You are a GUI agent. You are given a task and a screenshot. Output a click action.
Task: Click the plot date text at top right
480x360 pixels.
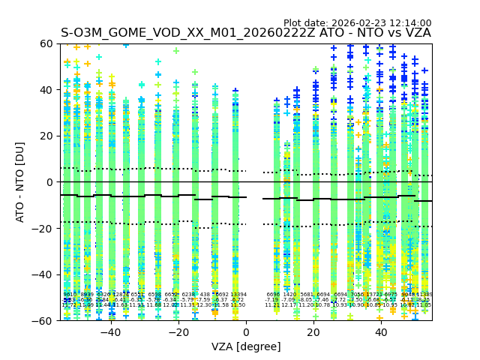click(x=357, y=23)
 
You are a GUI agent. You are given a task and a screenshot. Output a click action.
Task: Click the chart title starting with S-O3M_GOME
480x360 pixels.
click(x=246, y=34)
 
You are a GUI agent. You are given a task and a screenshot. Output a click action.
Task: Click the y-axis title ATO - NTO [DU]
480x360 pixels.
click(x=20, y=182)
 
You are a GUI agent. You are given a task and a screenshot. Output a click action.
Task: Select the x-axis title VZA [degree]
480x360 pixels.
click(x=246, y=346)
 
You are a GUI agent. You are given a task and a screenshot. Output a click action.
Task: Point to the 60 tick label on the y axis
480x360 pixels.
click(x=46, y=43)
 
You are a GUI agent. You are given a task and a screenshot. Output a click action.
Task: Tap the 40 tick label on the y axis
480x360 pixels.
click(x=46, y=90)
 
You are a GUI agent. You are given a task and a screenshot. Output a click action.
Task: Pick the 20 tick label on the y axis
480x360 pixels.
click(x=46, y=136)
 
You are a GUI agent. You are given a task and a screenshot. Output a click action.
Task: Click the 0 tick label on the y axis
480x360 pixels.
click(x=49, y=182)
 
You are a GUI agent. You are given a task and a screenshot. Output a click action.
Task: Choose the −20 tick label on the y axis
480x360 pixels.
click(x=43, y=228)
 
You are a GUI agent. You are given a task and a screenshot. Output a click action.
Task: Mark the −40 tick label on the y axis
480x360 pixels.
click(x=43, y=274)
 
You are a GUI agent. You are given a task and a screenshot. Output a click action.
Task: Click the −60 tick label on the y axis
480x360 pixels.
click(x=43, y=320)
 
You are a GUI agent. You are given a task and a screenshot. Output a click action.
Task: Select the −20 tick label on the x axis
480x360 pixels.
click(x=178, y=332)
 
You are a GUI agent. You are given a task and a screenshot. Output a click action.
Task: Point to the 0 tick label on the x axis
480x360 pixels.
click(x=246, y=332)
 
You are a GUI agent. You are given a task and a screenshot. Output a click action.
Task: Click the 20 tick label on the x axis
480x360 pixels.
click(x=314, y=332)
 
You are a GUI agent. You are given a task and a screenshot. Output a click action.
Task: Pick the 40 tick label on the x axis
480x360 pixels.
click(x=382, y=332)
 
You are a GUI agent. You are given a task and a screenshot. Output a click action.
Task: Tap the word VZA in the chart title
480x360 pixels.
click(x=416, y=34)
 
